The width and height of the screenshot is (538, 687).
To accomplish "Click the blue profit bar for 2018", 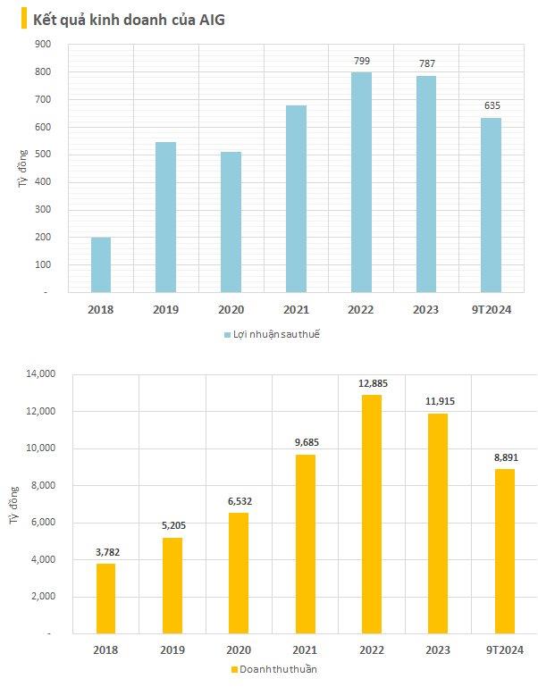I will pos(101,264).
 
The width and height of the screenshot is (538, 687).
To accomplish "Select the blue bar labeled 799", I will pos(361,182).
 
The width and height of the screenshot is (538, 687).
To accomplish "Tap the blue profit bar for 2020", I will pos(231,222).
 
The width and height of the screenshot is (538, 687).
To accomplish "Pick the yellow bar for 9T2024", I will pos(504,551).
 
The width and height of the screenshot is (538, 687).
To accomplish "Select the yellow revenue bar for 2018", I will pos(105,599).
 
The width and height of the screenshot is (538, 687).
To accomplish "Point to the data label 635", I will pos(491,105).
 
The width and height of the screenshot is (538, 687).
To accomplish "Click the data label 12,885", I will pos(371,383).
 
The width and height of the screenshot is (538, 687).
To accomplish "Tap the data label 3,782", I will pos(105,552).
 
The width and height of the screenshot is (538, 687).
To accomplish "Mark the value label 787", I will pos(426,64).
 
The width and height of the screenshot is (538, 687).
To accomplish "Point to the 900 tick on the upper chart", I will pos(44,44).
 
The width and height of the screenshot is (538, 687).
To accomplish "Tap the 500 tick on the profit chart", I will pos(44,155).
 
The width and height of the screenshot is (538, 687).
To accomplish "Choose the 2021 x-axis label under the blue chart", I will pos(296,309).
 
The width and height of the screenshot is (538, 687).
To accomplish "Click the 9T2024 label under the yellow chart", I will pos(505,650).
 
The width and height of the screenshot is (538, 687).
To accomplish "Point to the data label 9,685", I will pos(305,443).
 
